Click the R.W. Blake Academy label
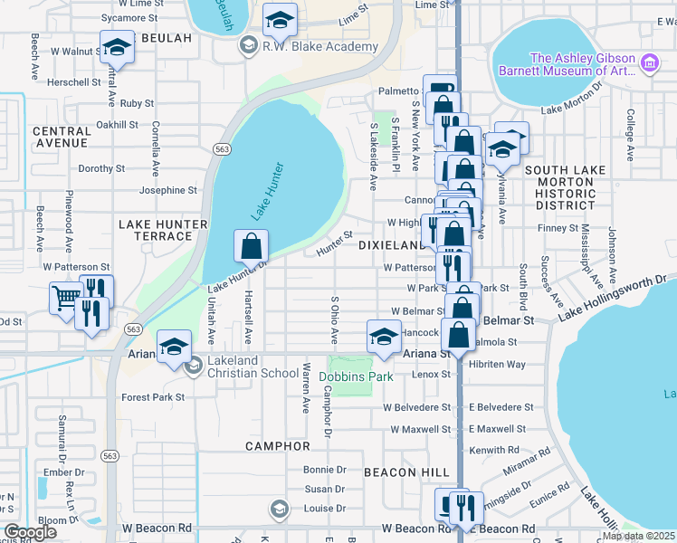pyautogui.click(x=319, y=47)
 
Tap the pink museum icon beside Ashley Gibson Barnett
pyautogui.click(x=648, y=62)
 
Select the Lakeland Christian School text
pyautogui.click(x=253, y=373)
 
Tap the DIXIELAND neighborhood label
pyautogui.click(x=392, y=245)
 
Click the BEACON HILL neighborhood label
pyautogui.click(x=406, y=472)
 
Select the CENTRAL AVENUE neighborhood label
pyautogui.click(x=62, y=137)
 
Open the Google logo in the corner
pyautogui.click(x=30, y=531)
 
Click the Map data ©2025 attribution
pyautogui.click(x=637, y=536)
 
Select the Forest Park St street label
pyautogui.click(x=153, y=396)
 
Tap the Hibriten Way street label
pyautogui.click(x=496, y=364)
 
